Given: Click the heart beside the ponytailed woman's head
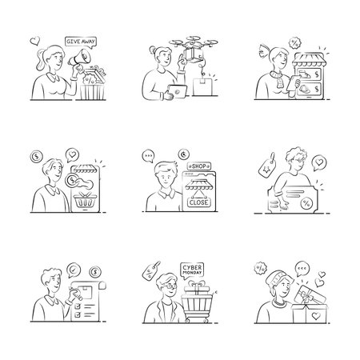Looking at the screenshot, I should point(34,38).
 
